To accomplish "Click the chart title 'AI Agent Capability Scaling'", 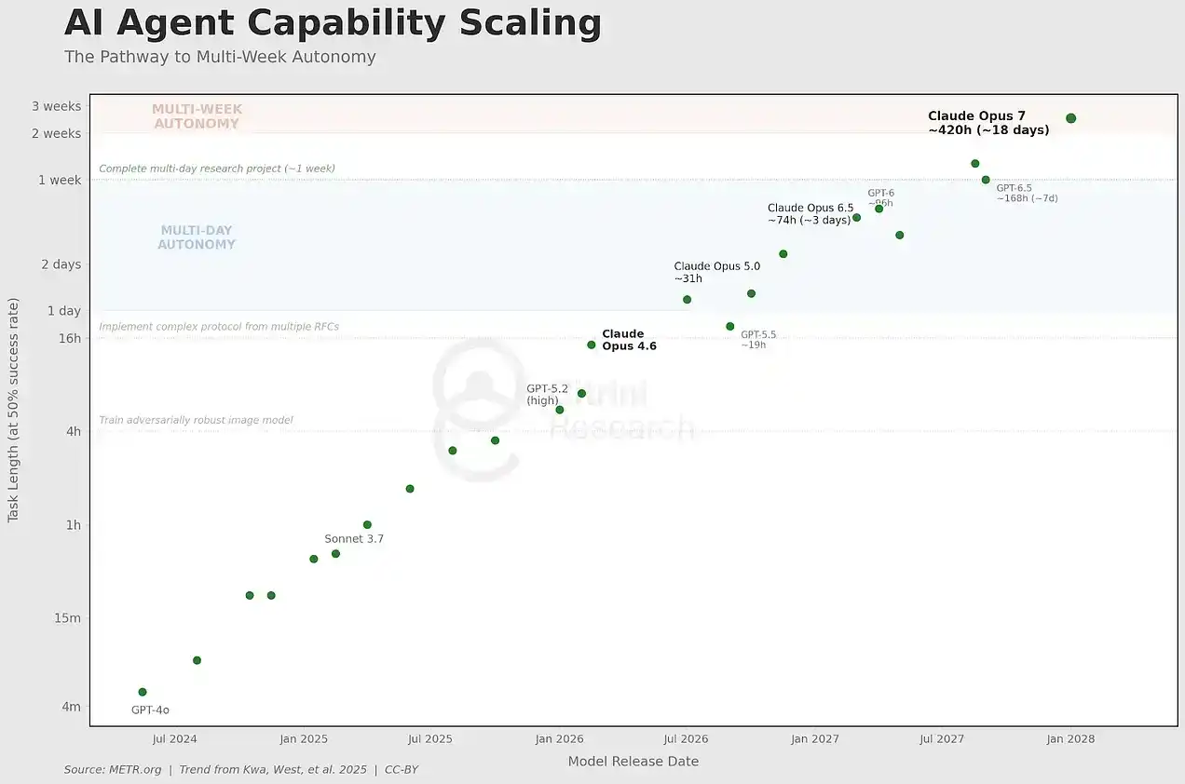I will click(x=333, y=23).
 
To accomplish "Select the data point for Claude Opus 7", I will click(x=1070, y=118).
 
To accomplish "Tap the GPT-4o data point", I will click(x=143, y=692).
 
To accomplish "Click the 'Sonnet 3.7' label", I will click(x=354, y=539).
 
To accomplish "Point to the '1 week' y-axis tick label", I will click(x=60, y=180).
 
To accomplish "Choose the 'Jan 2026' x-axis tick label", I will click(x=559, y=739).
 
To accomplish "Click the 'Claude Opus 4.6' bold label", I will click(x=629, y=340).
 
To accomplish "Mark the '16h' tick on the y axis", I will click(x=70, y=338).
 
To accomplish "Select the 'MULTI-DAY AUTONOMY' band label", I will click(x=197, y=237).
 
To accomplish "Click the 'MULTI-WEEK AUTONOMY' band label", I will click(x=197, y=116).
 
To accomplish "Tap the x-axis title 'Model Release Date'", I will click(x=633, y=762).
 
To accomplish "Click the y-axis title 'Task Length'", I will click(x=13, y=410).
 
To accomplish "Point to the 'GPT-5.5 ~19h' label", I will click(x=757, y=340).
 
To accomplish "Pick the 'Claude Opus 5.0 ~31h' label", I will click(x=716, y=272).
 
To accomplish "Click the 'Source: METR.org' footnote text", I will click(x=113, y=770).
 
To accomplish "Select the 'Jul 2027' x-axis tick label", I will click(x=942, y=739).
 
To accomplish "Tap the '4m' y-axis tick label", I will click(x=71, y=707).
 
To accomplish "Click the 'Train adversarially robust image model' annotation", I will click(x=196, y=421).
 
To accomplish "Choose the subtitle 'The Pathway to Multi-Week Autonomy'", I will click(x=220, y=57).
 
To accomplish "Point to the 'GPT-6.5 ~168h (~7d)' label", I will click(x=1027, y=193).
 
